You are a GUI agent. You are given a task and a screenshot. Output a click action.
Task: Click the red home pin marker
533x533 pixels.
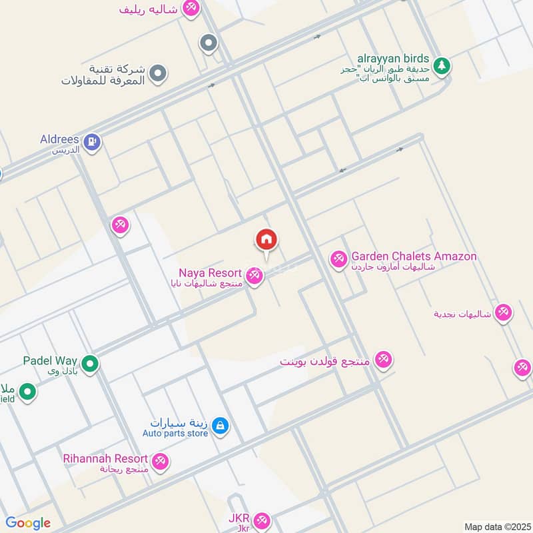tap(266, 240)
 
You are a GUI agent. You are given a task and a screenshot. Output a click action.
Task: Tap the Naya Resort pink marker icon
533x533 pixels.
tap(254, 274)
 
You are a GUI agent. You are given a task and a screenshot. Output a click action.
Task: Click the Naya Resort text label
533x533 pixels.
tap(210, 273)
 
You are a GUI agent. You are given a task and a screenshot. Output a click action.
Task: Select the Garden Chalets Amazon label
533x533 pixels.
tap(414, 257)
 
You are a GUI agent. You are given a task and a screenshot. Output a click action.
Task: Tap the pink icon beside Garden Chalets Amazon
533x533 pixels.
tap(338, 258)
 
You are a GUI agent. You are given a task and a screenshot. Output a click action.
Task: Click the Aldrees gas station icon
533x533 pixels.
tap(91, 141)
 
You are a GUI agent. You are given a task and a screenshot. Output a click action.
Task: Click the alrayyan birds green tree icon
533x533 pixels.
tap(440, 65)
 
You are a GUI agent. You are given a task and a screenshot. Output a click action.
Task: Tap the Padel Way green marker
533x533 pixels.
tap(91, 364)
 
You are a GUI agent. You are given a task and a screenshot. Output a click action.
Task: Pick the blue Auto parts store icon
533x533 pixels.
tap(221, 426)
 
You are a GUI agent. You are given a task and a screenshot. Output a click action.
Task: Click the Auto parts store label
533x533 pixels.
tap(175, 433)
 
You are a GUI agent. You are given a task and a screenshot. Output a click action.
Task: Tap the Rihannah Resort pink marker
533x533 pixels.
tap(160, 461)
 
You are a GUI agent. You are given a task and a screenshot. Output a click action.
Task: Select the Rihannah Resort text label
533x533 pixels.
tap(105, 458)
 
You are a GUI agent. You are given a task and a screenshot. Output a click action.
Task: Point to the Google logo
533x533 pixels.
tap(28, 523)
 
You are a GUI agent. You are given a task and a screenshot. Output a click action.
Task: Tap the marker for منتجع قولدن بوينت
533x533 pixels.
tap(382, 360)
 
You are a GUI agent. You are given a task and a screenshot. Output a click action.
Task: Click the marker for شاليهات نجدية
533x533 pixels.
tap(503, 312)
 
